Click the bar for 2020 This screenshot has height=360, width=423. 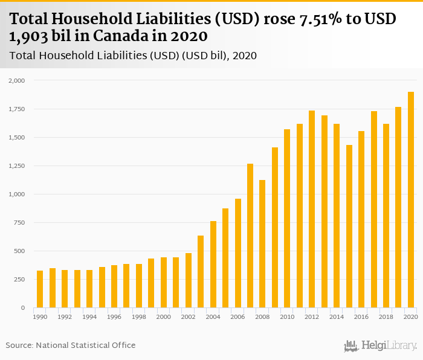[x=411, y=200]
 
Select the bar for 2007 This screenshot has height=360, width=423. [x=250, y=236]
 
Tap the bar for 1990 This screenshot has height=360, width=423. [x=40, y=289]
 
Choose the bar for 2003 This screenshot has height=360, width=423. [x=201, y=272]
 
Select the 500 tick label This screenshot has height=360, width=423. [x=19, y=251]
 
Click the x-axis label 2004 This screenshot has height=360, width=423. [x=213, y=317]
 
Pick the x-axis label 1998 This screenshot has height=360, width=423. [x=139, y=317]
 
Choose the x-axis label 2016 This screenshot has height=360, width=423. [x=361, y=317]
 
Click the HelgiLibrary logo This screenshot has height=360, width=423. [x=380, y=346]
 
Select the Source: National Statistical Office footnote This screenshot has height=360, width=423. [x=71, y=345]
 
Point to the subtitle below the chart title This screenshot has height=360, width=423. [x=133, y=56]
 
